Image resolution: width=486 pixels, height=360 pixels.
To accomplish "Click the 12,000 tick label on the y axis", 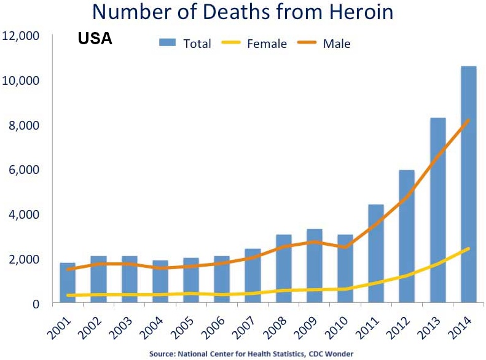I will click(22, 36).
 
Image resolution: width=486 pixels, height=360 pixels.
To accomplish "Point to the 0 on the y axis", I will click(36, 303).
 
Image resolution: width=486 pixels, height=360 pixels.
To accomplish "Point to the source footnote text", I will click(243, 354).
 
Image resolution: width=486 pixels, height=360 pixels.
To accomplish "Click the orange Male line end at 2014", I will click(468, 120).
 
